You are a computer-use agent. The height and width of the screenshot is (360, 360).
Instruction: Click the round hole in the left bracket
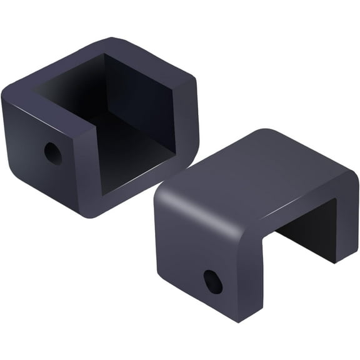click(52, 153)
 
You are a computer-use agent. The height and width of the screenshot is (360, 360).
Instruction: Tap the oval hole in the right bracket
click(213, 282)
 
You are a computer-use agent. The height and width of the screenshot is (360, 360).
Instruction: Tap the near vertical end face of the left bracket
click(87, 169)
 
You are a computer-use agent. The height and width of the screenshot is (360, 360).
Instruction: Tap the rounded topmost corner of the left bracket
click(116, 42)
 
